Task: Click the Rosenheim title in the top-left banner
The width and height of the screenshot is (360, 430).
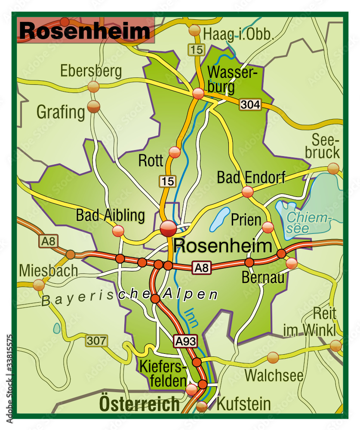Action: (85, 31)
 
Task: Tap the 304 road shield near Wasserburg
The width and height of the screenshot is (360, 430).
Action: (250, 104)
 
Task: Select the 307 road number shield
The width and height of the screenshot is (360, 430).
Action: (96, 341)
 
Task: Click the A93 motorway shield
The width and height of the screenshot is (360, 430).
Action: (185, 341)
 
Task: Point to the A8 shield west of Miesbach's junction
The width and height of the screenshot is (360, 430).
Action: (49, 241)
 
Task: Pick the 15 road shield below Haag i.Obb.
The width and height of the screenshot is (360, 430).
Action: (196, 50)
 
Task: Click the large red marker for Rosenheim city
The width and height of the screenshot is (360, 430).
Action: (168, 228)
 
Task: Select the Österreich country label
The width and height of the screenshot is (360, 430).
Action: (139, 404)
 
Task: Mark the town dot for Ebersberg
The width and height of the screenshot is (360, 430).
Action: (93, 87)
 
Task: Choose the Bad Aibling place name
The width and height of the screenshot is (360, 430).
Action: (110, 215)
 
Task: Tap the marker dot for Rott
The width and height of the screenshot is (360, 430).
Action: (175, 152)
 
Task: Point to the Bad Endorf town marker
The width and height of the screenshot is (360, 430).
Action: (247, 192)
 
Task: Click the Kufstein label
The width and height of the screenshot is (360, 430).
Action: (243, 404)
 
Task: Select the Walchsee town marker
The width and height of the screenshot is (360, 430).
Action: (273, 357)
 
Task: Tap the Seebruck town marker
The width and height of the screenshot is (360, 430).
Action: (333, 168)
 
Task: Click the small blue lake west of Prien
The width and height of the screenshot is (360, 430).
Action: (220, 220)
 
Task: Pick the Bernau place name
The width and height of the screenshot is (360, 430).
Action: (263, 278)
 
